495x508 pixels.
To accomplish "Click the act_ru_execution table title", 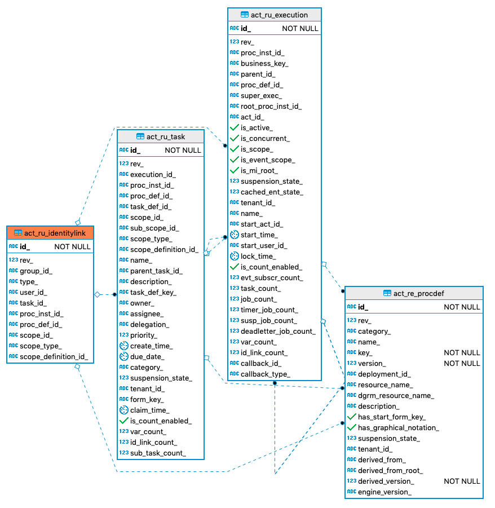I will [280, 15].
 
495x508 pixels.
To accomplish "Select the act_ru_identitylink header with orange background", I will [55, 232].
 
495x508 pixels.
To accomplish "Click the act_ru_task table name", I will [165, 136].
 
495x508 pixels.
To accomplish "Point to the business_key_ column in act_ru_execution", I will [264, 64].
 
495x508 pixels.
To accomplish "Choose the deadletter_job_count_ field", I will [277, 331].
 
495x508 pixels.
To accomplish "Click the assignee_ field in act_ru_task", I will [147, 313].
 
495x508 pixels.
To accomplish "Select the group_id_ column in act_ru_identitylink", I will [36, 271].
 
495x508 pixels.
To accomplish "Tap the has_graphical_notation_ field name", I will [398, 427].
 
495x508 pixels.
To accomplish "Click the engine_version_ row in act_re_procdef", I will [384, 492].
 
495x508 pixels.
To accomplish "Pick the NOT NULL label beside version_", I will [462, 363].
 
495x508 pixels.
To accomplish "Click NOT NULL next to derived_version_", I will [462, 481].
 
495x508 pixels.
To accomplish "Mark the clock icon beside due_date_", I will [124, 356].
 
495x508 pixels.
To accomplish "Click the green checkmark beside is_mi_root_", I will [235, 170].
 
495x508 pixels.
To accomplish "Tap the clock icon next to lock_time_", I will [235, 256].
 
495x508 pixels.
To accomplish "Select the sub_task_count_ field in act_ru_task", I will [158, 453].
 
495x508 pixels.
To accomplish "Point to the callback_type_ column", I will [265, 374].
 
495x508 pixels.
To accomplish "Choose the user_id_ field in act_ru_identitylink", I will [33, 292].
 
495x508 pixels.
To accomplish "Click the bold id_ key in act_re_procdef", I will [363, 307].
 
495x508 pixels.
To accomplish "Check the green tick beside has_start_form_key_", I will [352, 417].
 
